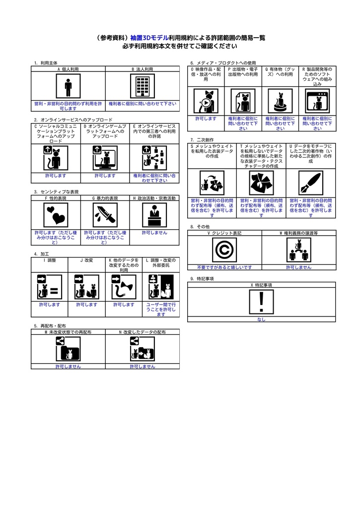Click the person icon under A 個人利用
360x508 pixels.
(68, 87)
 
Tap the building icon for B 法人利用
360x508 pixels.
(143, 87)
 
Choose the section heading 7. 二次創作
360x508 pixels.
(202, 140)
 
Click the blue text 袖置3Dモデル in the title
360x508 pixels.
(149, 37)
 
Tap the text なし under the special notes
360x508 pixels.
(261, 319)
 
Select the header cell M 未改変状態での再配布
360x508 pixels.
(68, 331)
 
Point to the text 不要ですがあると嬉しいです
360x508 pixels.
(224, 267)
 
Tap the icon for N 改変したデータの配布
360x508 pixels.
(143, 349)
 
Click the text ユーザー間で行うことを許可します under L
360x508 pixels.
(161, 309)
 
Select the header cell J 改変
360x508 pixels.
(87, 259)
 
